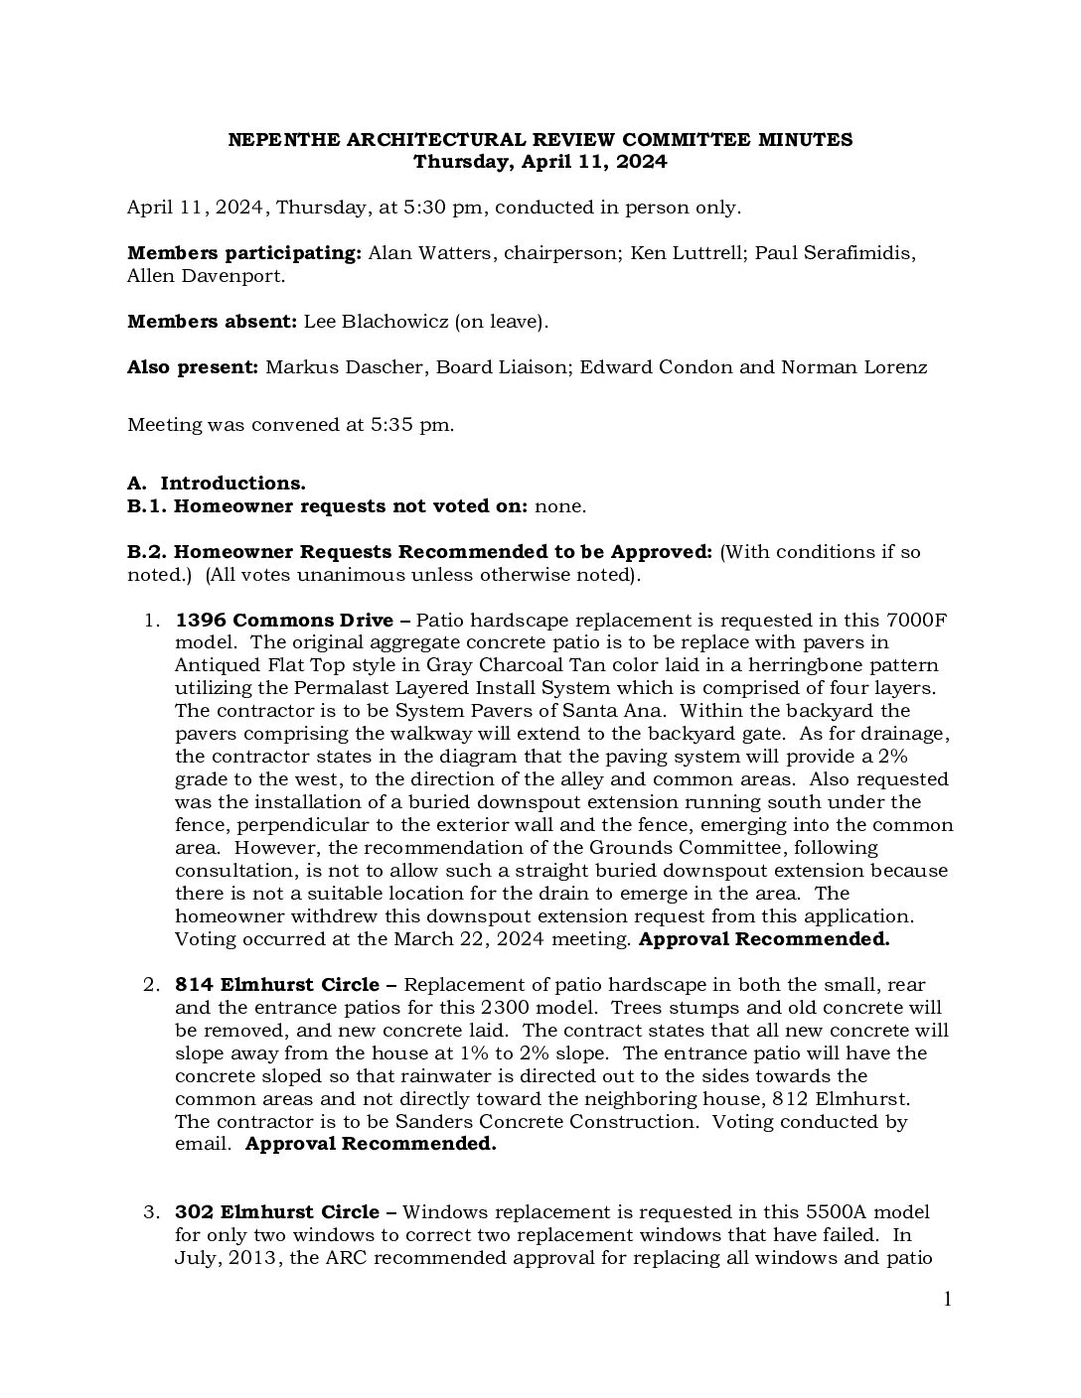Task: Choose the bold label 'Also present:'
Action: pyautogui.click(x=193, y=367)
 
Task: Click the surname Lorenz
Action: pyautogui.click(x=892, y=367)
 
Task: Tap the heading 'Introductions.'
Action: pyautogui.click(x=232, y=484)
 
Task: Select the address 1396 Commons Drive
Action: pyautogui.click(x=284, y=621)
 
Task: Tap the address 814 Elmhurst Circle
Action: pyautogui.click(x=277, y=985)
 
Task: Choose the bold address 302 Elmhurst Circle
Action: pyautogui.click(x=277, y=1212)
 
